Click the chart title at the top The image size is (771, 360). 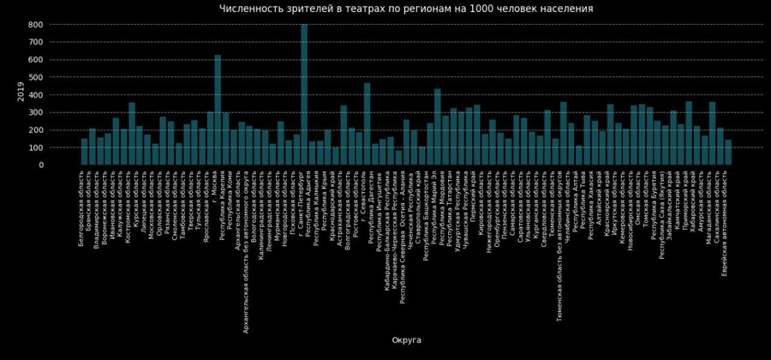click(406, 9)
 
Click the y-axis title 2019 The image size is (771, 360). click(21, 92)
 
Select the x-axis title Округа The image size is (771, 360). click(406, 340)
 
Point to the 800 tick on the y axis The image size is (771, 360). click(36, 25)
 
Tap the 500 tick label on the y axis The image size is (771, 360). click(36, 78)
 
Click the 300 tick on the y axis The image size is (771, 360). click(36, 113)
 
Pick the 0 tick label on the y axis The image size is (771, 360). click(40, 165)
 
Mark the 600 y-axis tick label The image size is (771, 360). click(36, 60)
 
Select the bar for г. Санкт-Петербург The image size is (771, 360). click(304, 94)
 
